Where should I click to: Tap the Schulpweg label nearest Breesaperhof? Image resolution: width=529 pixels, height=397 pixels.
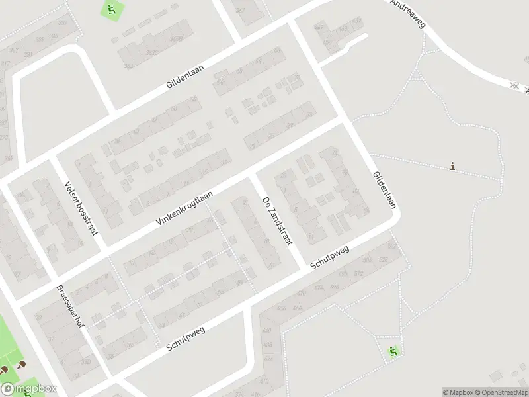[x=186, y=337]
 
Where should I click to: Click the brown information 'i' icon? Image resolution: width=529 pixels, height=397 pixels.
[x=452, y=166]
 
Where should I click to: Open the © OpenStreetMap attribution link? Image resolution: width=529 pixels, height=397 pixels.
[x=502, y=392]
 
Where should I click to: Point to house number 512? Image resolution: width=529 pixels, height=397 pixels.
[x=359, y=273]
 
